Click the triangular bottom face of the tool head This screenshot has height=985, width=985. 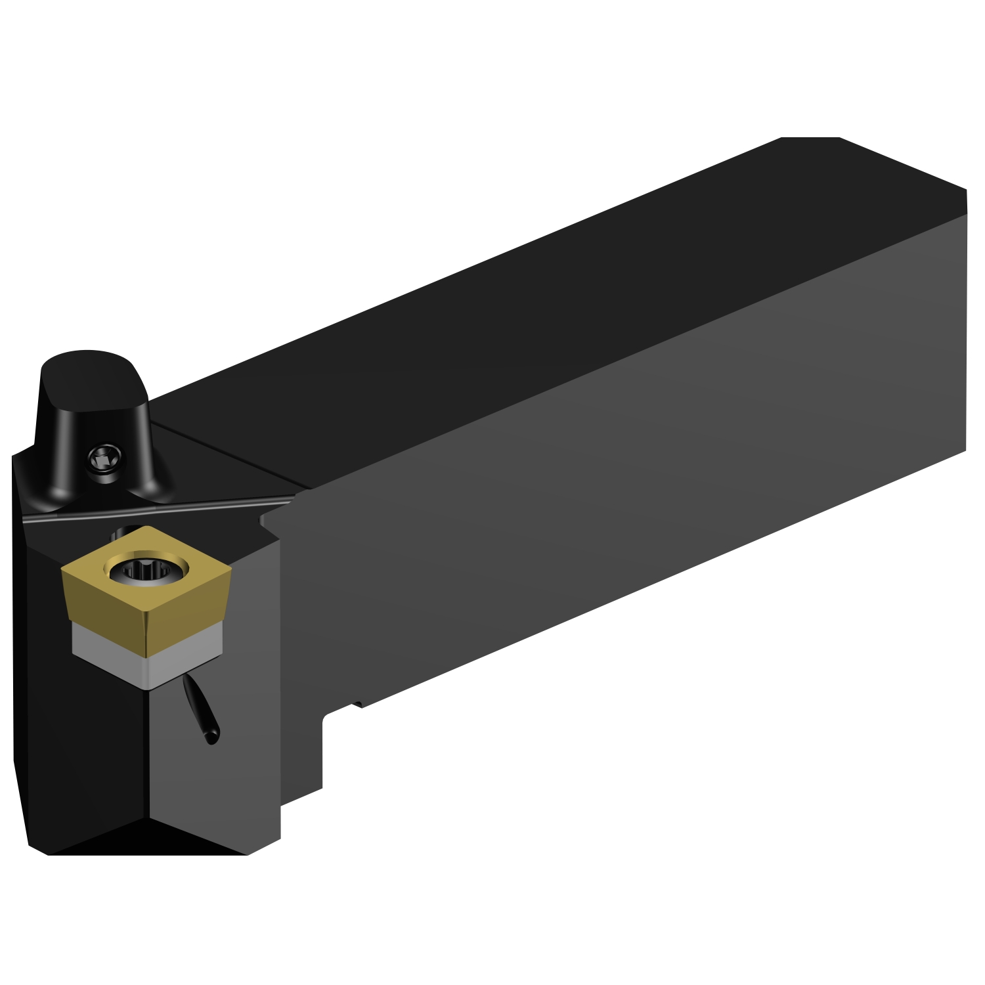click(x=148, y=837)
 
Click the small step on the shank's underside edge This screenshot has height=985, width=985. click(x=358, y=705)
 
